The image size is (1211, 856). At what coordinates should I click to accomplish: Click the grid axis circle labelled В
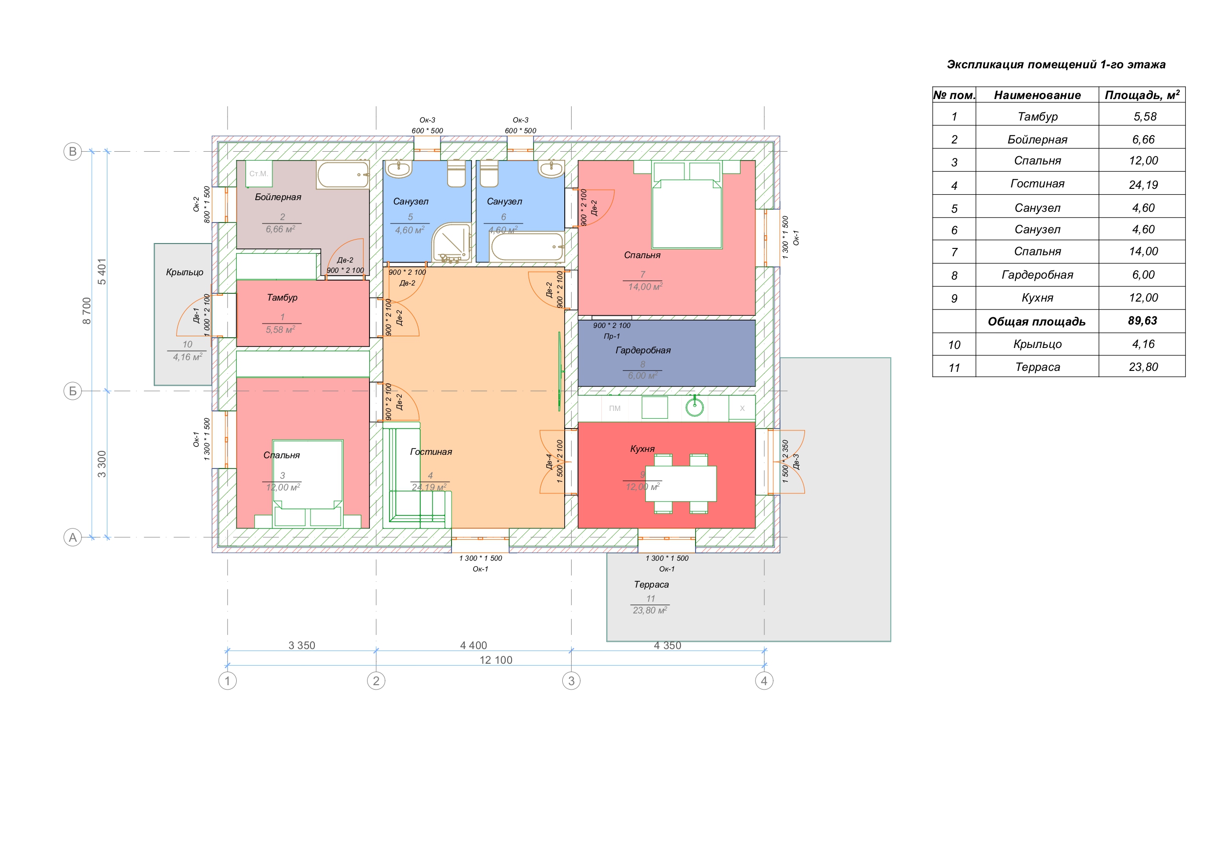[73, 151]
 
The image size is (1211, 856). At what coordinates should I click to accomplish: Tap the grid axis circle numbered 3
[571, 680]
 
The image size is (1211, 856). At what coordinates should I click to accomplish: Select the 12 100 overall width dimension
[496, 660]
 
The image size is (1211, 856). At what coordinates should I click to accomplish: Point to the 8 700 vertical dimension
[87, 311]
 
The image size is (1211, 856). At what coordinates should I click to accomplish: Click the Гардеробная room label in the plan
[643, 350]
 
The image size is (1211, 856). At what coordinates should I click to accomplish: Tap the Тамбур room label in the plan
[282, 298]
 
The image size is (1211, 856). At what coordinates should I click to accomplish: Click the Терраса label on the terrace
[652, 584]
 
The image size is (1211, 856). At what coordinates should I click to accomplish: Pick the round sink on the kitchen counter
[695, 407]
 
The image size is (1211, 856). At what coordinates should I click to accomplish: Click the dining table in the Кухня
[681, 483]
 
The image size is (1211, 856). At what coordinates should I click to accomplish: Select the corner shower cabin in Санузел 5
[452, 242]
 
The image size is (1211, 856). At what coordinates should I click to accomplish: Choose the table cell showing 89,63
[1143, 321]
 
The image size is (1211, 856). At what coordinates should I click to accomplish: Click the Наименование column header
[1037, 95]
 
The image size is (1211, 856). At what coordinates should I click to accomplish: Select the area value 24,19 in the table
[1144, 184]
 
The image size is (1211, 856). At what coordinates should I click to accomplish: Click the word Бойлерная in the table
[1037, 139]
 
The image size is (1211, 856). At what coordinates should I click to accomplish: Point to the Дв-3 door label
[796, 462]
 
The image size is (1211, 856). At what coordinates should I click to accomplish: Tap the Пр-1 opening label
[612, 336]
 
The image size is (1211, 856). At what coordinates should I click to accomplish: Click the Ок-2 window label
[196, 204]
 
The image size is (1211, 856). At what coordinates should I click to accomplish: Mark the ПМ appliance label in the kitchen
[615, 408]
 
